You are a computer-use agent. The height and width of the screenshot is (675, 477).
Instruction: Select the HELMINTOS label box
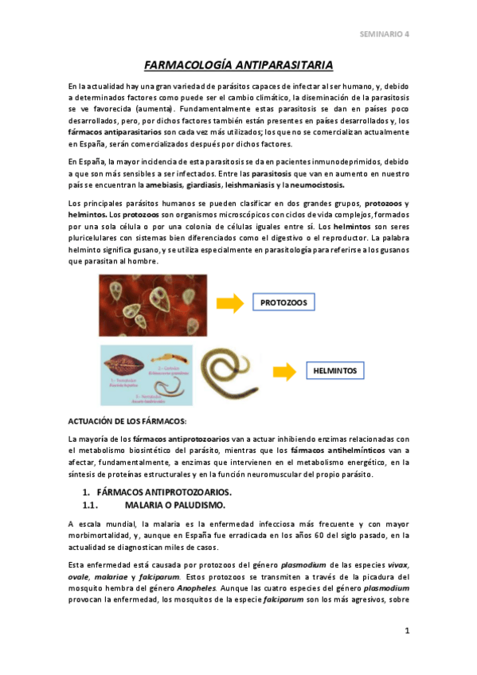tap(334, 371)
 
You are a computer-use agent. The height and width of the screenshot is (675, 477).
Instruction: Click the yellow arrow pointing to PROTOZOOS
tap(232, 302)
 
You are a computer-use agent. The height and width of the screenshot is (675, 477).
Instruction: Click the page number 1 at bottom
tap(406, 631)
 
